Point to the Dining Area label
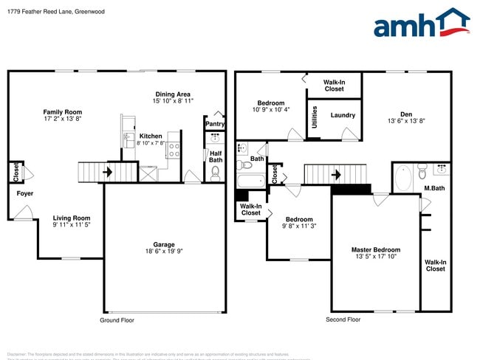(173, 94)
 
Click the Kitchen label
(151, 136)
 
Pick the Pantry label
(215, 124)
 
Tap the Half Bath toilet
(216, 173)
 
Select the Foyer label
(24, 193)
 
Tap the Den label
(406, 114)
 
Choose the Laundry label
(343, 115)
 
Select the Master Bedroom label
(376, 250)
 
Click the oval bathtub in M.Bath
(403, 178)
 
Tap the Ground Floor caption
(117, 320)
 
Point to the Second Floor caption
(343, 320)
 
